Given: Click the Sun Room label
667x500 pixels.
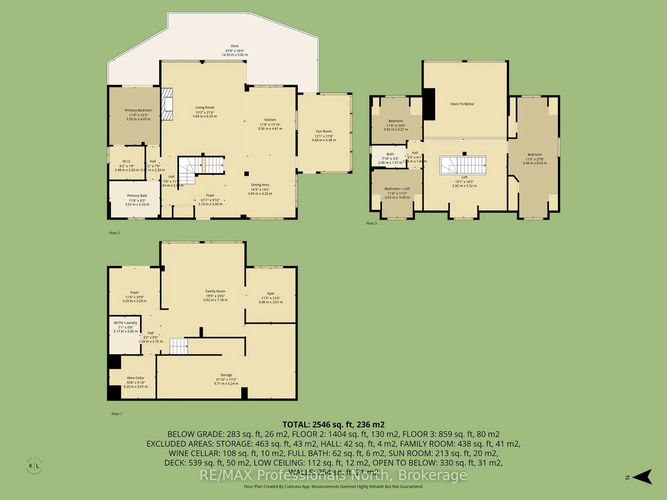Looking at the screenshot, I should click(x=324, y=131).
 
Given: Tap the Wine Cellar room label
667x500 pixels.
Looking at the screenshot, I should click(x=135, y=378).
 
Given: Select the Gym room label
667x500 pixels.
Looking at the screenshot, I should click(x=270, y=293).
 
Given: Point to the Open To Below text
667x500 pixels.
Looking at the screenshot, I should click(x=462, y=104).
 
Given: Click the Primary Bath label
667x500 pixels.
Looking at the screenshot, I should click(x=137, y=196).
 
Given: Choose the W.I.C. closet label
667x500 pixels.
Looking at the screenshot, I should click(x=127, y=161).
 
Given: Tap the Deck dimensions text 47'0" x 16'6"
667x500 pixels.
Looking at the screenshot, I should click(x=235, y=51).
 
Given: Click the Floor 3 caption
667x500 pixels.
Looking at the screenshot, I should click(x=371, y=223).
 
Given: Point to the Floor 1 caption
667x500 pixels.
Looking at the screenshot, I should click(x=117, y=414).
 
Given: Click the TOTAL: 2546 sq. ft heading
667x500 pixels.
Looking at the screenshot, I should click(x=333, y=425).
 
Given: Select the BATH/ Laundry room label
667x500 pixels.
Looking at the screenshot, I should click(x=125, y=323).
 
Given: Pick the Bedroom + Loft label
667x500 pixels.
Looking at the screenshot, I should click(x=397, y=189).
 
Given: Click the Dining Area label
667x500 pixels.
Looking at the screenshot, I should click(x=260, y=185).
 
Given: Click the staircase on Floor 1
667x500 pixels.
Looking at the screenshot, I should click(x=179, y=346).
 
